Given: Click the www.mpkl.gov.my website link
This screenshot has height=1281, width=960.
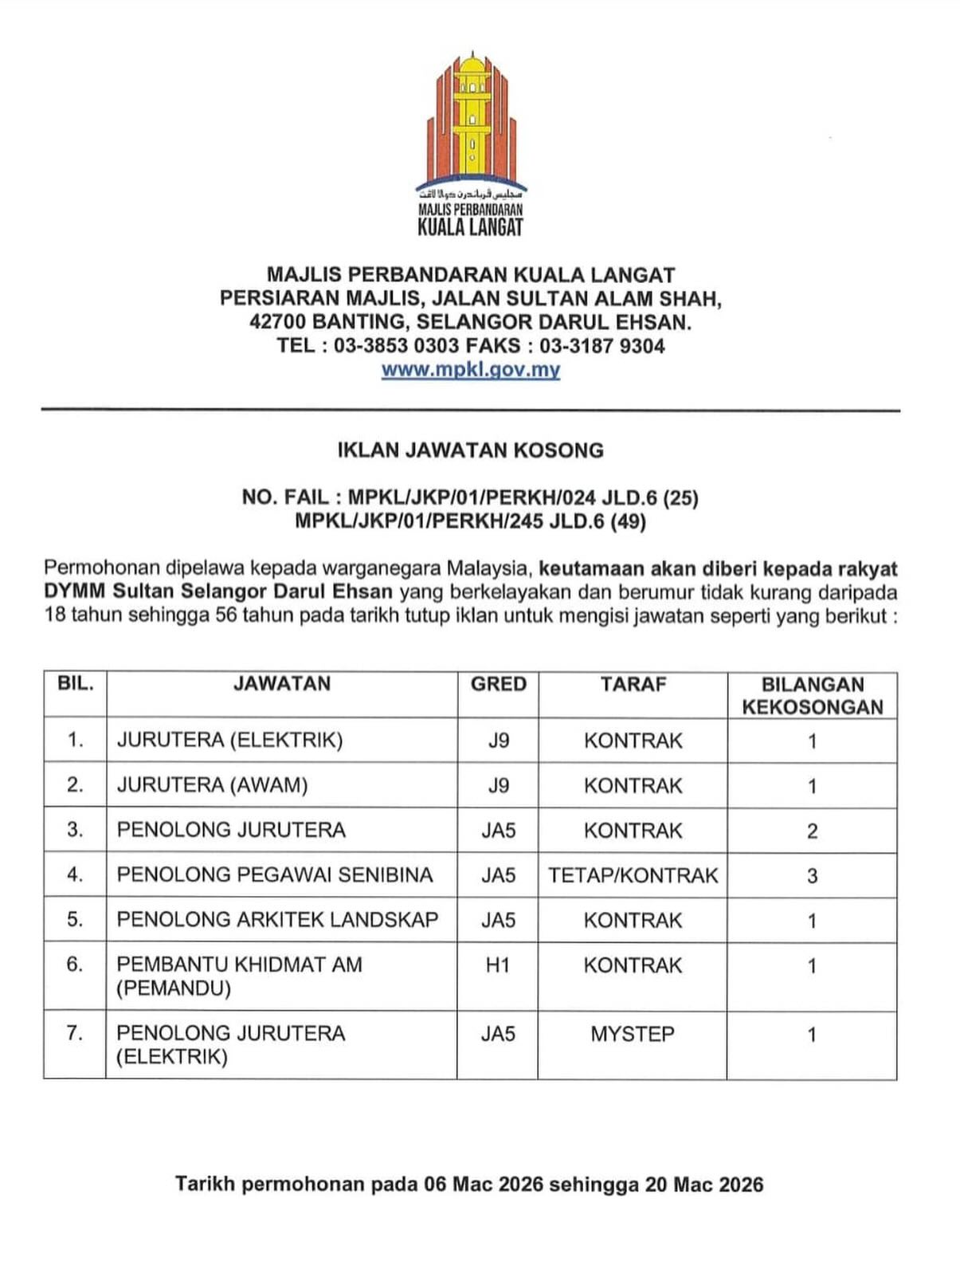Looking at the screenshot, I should click(x=470, y=370).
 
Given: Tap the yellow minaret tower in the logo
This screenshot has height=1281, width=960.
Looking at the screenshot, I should click(x=473, y=120).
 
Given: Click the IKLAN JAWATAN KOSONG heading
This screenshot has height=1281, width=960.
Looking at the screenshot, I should click(x=470, y=450).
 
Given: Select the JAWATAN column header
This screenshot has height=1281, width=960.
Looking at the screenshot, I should click(x=281, y=684).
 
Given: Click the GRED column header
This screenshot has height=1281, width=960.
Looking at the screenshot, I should click(x=498, y=684).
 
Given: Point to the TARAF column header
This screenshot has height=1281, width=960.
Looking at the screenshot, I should click(x=633, y=684).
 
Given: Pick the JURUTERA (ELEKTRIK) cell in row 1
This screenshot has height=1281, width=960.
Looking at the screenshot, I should click(x=229, y=741).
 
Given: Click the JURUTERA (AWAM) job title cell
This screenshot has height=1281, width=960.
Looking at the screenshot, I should click(x=212, y=785).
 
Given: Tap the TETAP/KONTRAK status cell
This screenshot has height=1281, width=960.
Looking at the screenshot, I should click(x=633, y=875).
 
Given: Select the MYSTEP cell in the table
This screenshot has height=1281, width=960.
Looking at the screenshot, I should click(x=633, y=1034).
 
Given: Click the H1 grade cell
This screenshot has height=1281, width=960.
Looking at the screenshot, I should click(x=498, y=965).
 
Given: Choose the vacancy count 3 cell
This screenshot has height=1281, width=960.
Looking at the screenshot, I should click(x=812, y=876).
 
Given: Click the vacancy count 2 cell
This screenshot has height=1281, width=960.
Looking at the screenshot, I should click(x=812, y=831).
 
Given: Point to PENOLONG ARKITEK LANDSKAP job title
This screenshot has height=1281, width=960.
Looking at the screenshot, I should click(x=277, y=920).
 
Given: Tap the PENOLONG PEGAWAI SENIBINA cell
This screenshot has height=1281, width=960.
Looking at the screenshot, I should click(x=275, y=875).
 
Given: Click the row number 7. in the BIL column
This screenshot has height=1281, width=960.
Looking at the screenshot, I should click(x=75, y=1033).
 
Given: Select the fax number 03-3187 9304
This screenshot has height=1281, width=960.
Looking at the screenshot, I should click(x=602, y=346).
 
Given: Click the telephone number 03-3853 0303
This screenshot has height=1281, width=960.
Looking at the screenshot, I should click(x=396, y=346).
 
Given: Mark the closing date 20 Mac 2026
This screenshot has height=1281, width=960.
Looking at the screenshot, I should click(x=704, y=1185).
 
